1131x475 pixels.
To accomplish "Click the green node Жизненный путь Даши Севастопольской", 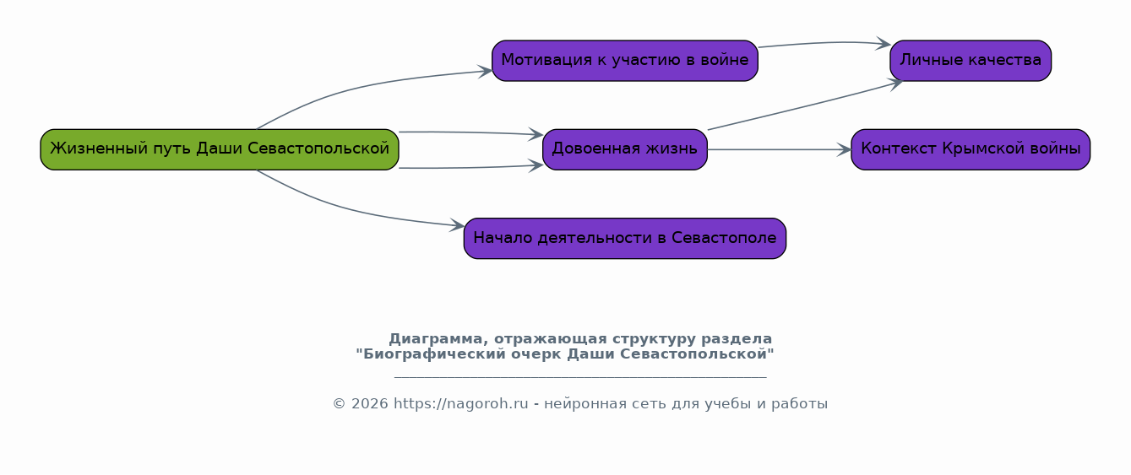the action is (x=220, y=150).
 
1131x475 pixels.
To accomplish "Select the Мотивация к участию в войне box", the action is (x=625, y=61).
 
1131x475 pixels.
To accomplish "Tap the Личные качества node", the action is (x=971, y=61).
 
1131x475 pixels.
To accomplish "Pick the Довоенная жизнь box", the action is (x=625, y=150).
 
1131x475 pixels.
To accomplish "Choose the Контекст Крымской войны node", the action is (x=971, y=150).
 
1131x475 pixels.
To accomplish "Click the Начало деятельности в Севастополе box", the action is (x=625, y=239).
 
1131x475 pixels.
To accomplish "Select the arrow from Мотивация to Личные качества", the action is (x=824, y=43).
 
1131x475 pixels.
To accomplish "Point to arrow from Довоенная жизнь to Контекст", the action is (x=780, y=150).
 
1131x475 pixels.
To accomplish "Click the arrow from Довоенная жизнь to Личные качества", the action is (x=805, y=105).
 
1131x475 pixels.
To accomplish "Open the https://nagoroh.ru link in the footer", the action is (x=460, y=404).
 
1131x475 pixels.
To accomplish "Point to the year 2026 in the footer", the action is (x=370, y=404).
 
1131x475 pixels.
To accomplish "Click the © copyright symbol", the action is (x=339, y=404).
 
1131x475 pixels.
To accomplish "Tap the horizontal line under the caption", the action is (x=580, y=376).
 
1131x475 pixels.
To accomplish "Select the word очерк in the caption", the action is (x=536, y=354).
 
